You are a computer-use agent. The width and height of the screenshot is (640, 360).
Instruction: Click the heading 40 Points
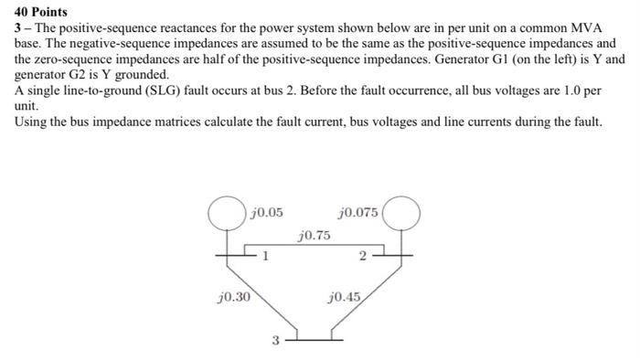click(x=40, y=13)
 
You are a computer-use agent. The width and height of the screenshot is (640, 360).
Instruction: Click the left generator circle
click(x=225, y=216)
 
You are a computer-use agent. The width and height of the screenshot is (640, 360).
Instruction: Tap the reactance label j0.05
click(x=266, y=213)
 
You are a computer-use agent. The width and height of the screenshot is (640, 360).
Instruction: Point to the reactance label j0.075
click(x=358, y=213)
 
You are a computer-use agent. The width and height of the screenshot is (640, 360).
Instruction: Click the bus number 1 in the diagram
click(x=264, y=256)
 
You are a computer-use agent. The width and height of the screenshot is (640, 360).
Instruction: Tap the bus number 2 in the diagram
click(x=363, y=256)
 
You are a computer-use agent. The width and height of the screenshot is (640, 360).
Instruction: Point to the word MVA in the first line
click(x=582, y=28)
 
